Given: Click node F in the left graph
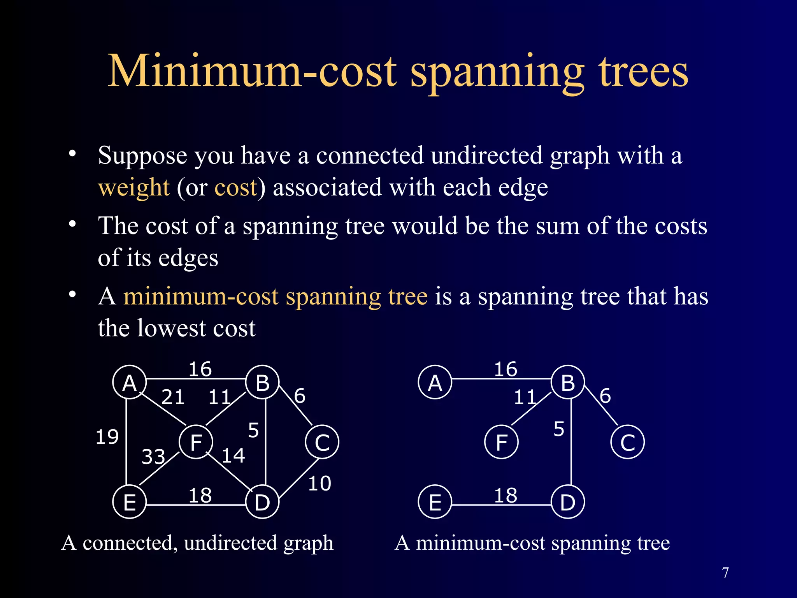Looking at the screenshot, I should [196, 442].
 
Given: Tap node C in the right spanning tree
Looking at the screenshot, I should [627, 443].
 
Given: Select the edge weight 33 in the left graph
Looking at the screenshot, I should [153, 457].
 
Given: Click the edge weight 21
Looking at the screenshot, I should [173, 397].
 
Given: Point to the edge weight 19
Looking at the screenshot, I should [107, 436].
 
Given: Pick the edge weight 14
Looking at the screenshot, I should [233, 456].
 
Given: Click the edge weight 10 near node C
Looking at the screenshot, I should [320, 484].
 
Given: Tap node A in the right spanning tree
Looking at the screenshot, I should [435, 383].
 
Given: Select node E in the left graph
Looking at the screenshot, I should [129, 502].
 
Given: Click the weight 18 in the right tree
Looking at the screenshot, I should [506, 496].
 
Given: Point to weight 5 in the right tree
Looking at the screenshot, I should [559, 429].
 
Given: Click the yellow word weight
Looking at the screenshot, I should [133, 187].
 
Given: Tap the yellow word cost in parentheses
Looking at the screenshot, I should [236, 187].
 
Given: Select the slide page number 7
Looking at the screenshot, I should [725, 573].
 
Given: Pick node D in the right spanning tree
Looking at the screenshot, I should [568, 502].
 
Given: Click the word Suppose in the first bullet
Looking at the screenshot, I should [142, 156].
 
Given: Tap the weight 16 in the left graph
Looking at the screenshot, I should [200, 369].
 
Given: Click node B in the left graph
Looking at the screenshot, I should [263, 383].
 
